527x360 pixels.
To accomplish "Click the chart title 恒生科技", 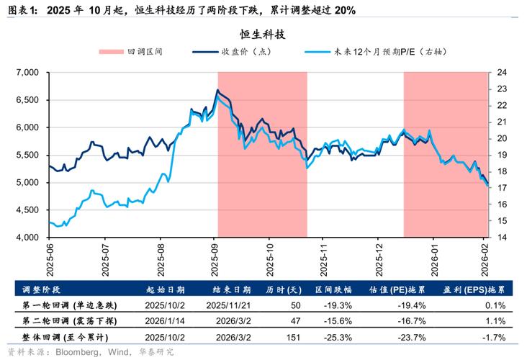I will (x=263, y=35).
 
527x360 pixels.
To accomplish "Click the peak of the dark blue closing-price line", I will (x=218, y=90).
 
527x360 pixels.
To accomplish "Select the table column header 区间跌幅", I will (x=333, y=290).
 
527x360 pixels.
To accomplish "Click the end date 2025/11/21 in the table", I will (x=228, y=305).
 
